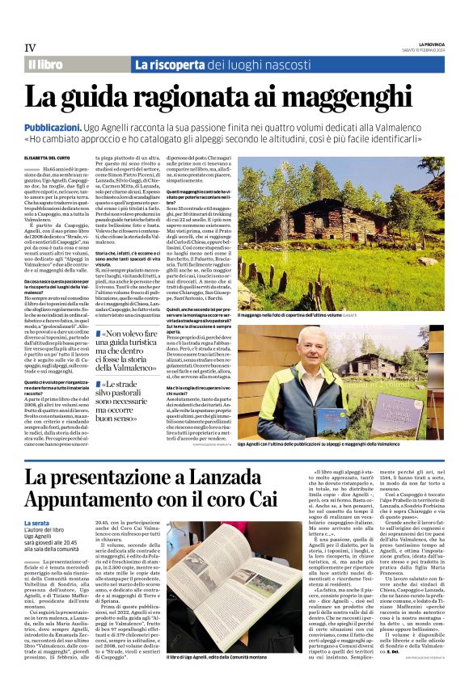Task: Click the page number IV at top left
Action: [x=32, y=48]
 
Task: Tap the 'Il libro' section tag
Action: [x=45, y=64]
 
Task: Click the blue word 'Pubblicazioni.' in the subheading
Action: [x=56, y=128]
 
